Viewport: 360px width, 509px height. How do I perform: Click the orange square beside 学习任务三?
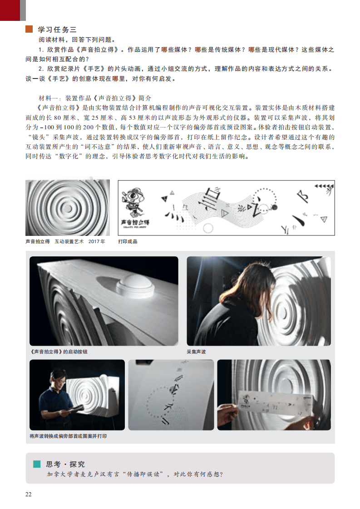tap(29, 29)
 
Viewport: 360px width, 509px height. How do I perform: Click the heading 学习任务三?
tap(57, 29)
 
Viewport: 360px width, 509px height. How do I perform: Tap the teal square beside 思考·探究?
tap(37, 464)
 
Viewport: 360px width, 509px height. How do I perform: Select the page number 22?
tap(29, 494)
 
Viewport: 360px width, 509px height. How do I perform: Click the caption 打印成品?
tap(128, 241)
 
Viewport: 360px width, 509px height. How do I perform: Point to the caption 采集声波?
tap(196, 352)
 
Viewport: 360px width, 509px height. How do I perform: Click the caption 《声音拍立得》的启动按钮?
tap(59, 352)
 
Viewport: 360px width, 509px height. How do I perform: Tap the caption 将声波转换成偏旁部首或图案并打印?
tap(68, 436)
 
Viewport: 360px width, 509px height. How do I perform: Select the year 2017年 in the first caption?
tap(97, 241)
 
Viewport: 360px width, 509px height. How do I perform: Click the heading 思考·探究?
tap(65, 464)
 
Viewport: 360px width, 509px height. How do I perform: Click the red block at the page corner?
tap(10, 10)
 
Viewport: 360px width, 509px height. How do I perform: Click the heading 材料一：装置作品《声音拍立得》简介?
tap(95, 98)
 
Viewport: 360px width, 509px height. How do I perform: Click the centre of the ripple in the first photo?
tap(68, 208)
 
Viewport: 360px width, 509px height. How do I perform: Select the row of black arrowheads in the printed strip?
tap(324, 186)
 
